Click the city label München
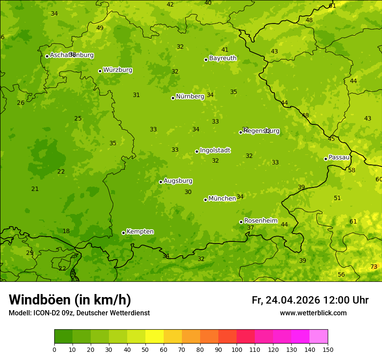222,199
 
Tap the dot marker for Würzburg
100,71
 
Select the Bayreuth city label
223,58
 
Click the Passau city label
339,157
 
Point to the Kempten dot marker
123,233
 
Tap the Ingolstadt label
215,150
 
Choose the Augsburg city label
178,181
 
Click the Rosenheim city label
260,221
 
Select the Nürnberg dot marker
173,98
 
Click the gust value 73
374,267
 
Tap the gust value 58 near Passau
352,170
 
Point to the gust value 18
66,231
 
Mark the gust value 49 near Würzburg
100,28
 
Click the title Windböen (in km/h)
70,300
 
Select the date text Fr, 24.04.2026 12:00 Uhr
310,300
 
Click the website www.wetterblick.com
313,313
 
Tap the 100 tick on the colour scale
237,349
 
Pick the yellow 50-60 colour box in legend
155,337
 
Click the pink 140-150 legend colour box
319,337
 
